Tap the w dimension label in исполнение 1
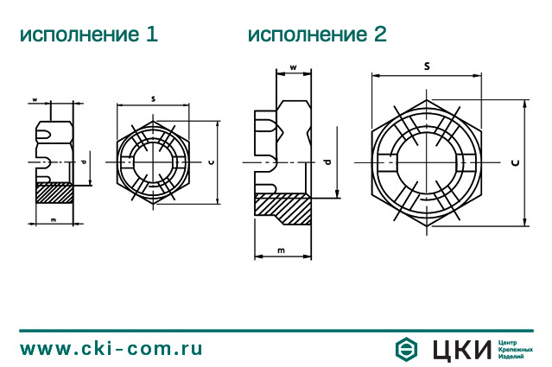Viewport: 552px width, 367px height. click(x=35, y=100)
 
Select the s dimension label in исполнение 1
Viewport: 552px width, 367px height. click(x=153, y=99)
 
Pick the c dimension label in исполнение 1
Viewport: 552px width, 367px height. click(x=211, y=161)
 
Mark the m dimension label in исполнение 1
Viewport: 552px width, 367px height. click(x=54, y=220)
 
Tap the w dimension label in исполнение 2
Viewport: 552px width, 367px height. click(x=294, y=67)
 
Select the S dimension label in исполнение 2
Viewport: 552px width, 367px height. click(x=427, y=66)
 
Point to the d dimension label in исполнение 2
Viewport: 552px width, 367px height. click(x=327, y=161)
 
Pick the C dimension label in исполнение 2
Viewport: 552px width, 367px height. click(x=515, y=161)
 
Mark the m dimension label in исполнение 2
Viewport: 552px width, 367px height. click(x=282, y=250)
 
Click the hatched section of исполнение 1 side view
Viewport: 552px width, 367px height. click(x=54, y=193)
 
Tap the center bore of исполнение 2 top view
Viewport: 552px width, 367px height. click(x=427, y=162)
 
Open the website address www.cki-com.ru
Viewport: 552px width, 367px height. click(x=111, y=349)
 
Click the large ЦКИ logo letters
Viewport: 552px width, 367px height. click(x=460, y=349)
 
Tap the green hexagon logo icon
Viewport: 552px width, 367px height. click(x=406, y=349)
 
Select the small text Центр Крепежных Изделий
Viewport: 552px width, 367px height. click(x=515, y=349)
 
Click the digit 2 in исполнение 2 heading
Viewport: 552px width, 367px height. click(x=379, y=35)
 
